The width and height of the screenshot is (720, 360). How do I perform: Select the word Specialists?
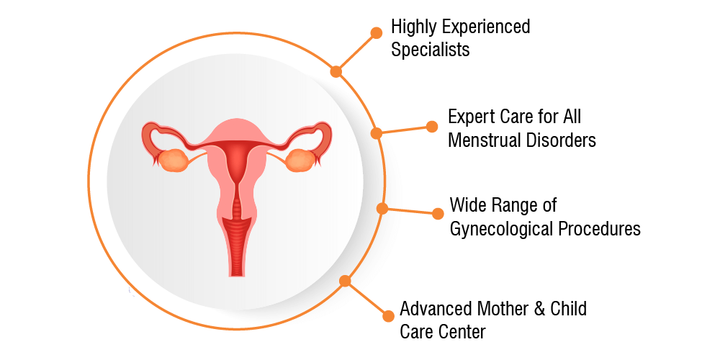[x=431, y=50]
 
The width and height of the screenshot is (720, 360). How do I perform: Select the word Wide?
[x=467, y=204]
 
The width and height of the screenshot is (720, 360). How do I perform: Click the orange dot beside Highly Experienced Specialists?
[x=376, y=32]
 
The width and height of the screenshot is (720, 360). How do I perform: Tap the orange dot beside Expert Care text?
[x=432, y=127]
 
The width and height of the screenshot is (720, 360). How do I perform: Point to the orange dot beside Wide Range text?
[x=438, y=214]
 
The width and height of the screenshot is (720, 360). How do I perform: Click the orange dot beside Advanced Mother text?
[x=389, y=316]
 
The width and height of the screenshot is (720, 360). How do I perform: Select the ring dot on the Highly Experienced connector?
[x=336, y=71]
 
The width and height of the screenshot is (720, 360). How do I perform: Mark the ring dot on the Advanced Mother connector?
[x=345, y=281]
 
